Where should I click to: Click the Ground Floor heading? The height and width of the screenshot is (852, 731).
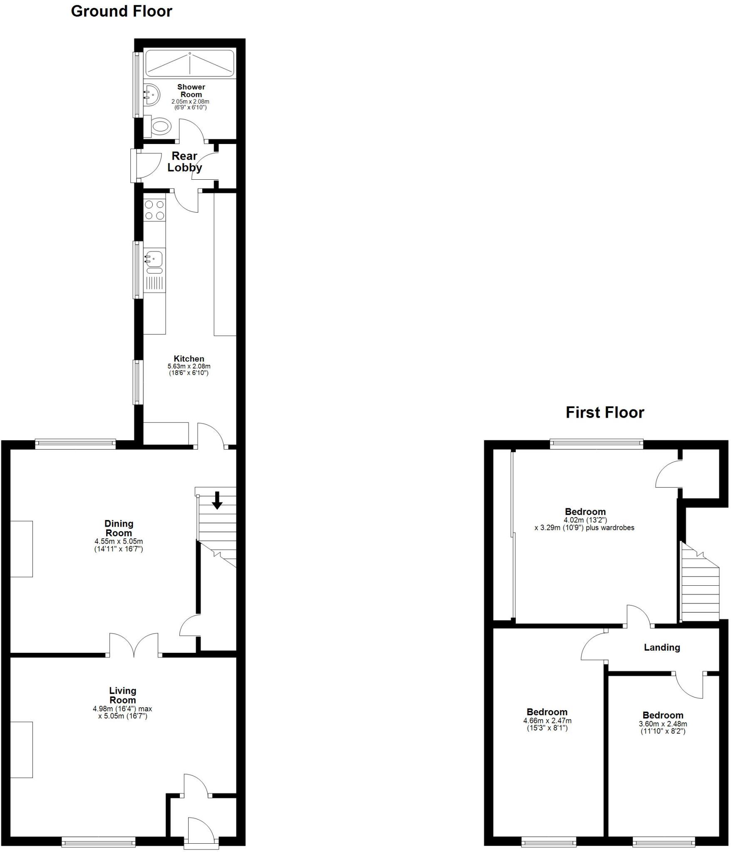(122, 11)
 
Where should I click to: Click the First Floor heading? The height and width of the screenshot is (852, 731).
(604, 412)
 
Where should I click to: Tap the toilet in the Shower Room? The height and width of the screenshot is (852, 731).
(161, 126)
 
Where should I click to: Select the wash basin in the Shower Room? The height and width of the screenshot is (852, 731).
(152, 95)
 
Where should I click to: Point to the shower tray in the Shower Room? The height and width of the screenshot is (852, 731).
(190, 64)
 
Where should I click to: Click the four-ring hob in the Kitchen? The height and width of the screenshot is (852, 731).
(154, 210)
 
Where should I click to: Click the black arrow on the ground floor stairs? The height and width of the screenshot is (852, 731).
(217, 500)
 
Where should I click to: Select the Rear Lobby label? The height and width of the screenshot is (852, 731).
(184, 161)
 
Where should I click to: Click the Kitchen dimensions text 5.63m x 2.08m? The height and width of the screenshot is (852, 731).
(189, 366)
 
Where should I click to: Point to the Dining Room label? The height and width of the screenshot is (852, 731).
(119, 528)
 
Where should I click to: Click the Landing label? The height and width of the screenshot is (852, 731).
(661, 647)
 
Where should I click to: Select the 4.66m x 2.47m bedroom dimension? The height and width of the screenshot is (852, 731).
(547, 721)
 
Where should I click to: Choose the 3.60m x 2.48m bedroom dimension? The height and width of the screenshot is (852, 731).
(663, 724)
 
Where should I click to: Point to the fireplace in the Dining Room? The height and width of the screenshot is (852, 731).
(21, 549)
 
